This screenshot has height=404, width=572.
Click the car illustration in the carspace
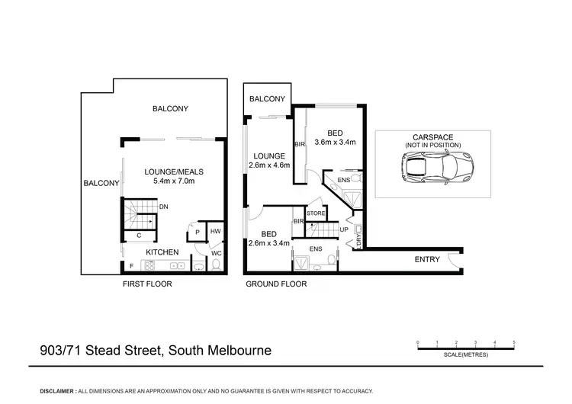tap(438, 166)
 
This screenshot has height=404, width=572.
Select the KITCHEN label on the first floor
tap(162, 252)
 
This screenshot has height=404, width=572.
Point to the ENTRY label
tap(427, 260)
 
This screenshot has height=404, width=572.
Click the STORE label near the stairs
tap(315, 213)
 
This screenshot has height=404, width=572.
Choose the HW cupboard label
tap(216, 232)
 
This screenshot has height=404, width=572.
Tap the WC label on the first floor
tap(216, 252)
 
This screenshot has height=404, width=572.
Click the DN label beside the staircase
tap(164, 207)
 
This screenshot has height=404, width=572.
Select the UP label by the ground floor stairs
tap(344, 229)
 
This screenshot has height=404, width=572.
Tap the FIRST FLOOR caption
tap(147, 284)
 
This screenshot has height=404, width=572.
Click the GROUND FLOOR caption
tap(275, 284)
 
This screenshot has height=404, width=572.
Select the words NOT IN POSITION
tap(433, 145)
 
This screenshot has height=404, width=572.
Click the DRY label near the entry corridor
tap(358, 242)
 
